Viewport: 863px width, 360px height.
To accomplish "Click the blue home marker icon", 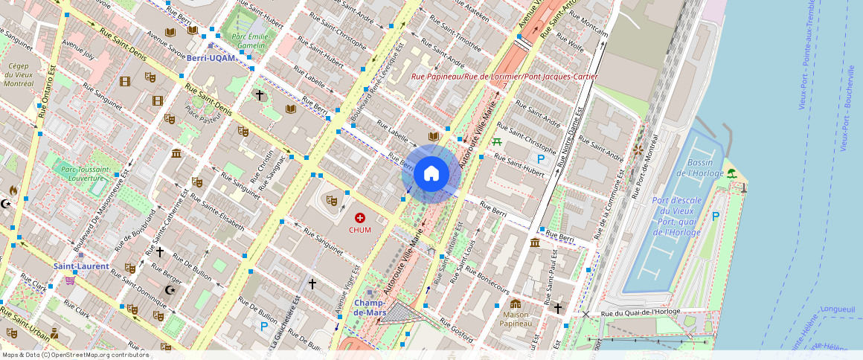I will pos(431,174).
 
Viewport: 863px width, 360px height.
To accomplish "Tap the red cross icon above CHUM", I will pos(360,218).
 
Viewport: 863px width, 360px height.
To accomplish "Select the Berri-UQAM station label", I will pos(211,57).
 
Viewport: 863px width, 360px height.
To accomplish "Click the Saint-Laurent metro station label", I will pos(81,266).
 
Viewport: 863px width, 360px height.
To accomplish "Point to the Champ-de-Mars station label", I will pos(369,307).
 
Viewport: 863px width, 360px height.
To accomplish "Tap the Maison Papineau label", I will pos(516,319).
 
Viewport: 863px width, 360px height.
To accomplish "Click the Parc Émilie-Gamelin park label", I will pos(248,40).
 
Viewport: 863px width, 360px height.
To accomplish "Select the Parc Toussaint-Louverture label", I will pos(82,174).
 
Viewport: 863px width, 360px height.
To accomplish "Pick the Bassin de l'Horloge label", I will pos(700,168).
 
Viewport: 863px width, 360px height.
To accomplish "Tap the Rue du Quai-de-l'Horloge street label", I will pos(641,312).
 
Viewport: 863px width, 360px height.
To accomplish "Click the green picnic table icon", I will pos(497,141).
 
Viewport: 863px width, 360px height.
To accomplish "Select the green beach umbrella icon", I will pos(731,173).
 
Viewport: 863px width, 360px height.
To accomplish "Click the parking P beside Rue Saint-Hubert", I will pos(541,158).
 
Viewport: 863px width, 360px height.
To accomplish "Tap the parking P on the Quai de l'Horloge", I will pos(715,216).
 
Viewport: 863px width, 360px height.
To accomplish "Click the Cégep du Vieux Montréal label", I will pos(18,74).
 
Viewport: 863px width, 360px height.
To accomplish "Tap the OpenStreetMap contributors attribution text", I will pos(74,355).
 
